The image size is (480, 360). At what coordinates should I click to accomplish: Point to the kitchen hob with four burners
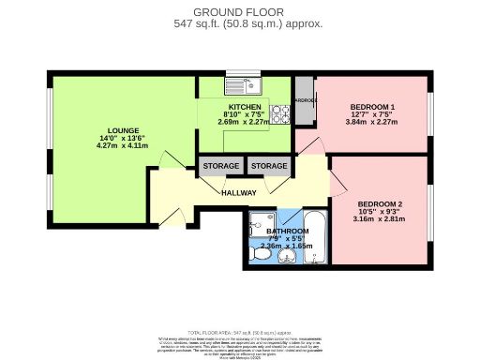(x=278, y=91)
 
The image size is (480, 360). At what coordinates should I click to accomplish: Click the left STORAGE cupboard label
(x=219, y=167)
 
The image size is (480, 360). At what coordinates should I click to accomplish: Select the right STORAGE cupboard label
(x=268, y=167)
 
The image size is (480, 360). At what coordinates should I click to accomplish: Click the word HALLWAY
(x=238, y=192)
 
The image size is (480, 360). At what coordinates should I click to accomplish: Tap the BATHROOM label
(x=287, y=231)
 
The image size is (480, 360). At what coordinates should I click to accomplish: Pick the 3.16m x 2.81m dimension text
(x=381, y=219)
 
